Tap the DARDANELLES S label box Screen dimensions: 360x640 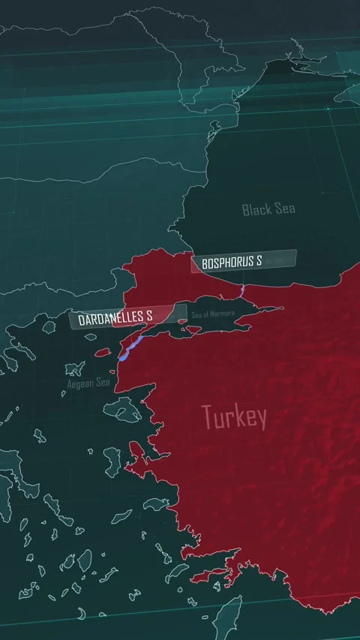coord(127,317)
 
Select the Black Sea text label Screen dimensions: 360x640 coord(268,209)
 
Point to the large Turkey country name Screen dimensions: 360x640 coord(234,417)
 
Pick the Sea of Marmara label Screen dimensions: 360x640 coord(213,314)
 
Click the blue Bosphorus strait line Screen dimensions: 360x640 coord(243,289)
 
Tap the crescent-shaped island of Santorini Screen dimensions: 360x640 coord(81,614)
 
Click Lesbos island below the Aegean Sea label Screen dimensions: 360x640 coord(121,409)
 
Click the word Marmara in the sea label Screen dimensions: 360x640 coord(223,314)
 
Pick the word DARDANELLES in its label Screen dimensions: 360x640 coord(111,318)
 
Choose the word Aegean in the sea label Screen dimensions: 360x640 coord(79,384)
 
